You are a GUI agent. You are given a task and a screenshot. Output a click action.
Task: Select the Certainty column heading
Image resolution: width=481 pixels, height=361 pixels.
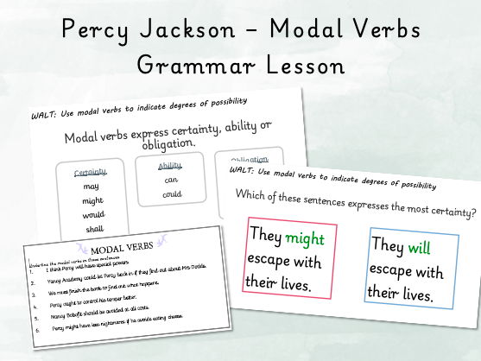tap(90, 172)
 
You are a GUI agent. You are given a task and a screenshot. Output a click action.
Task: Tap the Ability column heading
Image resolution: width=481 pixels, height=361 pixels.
tap(171, 166)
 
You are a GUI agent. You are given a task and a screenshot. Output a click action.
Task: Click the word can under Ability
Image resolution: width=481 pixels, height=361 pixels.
tap(171, 180)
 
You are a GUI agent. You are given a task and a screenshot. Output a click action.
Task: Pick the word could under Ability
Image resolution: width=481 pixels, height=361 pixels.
tap(171, 195)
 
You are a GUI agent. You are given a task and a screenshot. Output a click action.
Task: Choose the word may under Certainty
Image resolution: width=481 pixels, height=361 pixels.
tap(90, 186)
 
